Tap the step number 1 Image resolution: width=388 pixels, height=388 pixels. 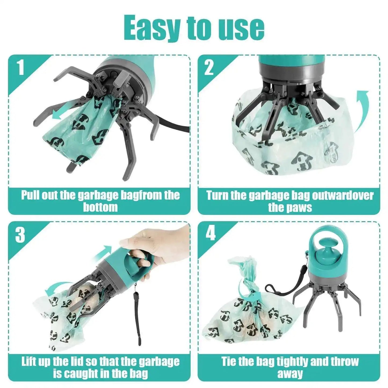point(21,67)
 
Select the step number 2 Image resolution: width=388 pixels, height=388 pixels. point(209,67)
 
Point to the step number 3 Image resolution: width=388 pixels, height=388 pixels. point(20,235)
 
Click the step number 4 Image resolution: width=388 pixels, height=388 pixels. point(211,233)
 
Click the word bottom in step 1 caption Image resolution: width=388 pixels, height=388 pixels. point(100,207)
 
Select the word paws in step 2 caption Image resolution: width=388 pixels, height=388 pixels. point(300,207)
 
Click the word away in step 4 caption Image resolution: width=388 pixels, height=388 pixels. point(290,374)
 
